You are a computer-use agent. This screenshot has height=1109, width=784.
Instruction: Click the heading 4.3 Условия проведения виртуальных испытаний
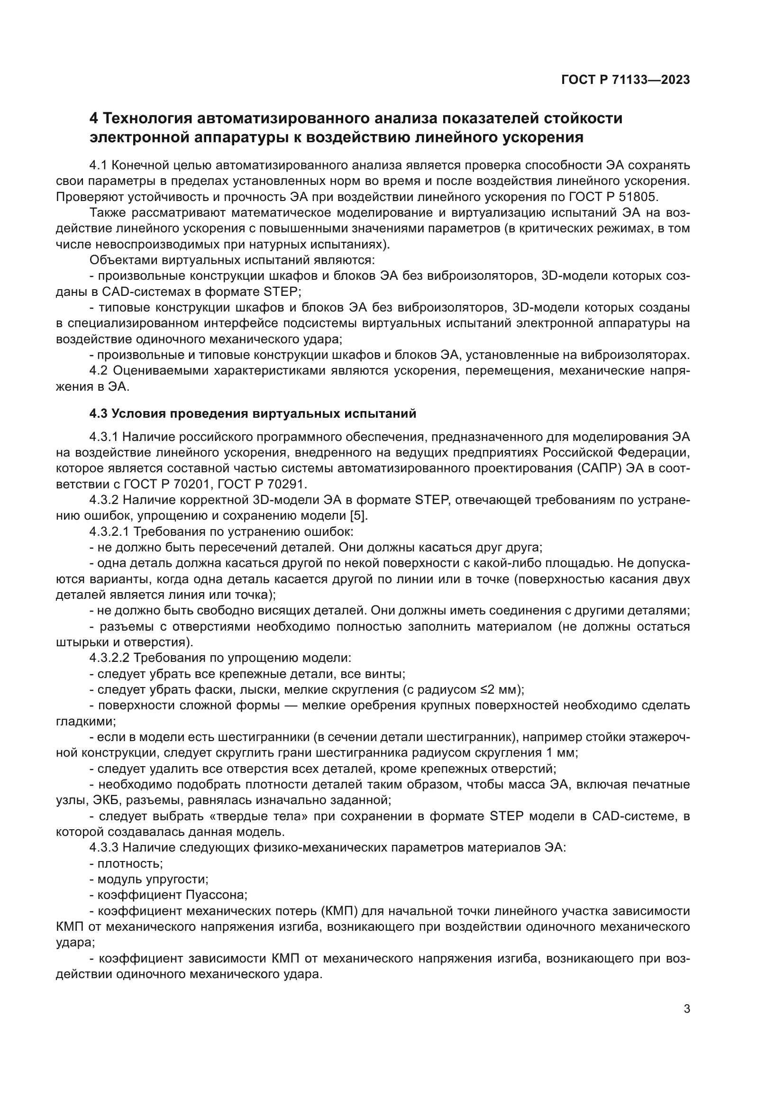click(x=253, y=414)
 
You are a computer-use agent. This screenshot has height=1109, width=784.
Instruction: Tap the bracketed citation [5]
click(x=358, y=516)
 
